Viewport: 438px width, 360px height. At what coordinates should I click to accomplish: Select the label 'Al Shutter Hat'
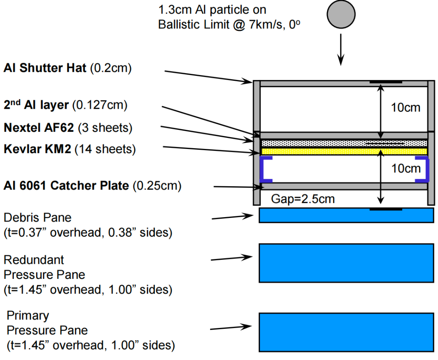tap(45, 68)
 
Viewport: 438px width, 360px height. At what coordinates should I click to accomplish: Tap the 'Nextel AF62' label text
tap(39, 128)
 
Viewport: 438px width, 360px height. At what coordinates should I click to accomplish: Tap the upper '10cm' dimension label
tap(406, 108)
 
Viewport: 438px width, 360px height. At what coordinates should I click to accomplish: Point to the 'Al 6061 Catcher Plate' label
tap(66, 186)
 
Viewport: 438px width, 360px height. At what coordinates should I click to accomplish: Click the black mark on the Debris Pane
tap(386, 209)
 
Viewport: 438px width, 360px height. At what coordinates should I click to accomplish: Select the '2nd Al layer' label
tap(36, 106)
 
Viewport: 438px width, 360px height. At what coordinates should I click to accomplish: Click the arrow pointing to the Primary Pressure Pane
tap(231, 327)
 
